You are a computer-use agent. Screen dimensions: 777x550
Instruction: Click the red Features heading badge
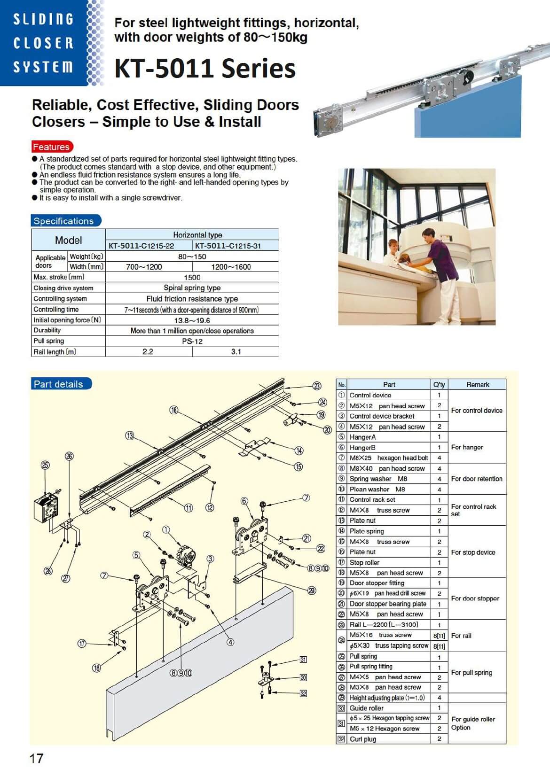[x=51, y=147]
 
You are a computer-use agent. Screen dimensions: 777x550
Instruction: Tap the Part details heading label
[x=58, y=384]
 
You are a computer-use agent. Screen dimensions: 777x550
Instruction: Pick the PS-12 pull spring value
[x=192, y=341]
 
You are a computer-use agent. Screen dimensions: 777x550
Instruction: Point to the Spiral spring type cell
[x=192, y=288]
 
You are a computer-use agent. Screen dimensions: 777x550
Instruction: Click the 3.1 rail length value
[x=236, y=351]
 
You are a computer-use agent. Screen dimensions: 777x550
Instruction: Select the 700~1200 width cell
[x=144, y=267]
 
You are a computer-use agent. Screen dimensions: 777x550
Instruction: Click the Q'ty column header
[x=439, y=384]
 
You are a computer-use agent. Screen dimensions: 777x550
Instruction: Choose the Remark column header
[x=478, y=384]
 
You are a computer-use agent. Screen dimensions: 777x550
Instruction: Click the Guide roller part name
[x=367, y=708]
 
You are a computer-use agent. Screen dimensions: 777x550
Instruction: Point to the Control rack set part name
[x=372, y=500]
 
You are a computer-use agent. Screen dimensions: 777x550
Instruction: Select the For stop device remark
[x=473, y=552]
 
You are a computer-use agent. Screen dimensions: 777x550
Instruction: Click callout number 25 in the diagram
[x=46, y=465]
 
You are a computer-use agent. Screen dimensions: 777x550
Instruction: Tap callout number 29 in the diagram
[x=312, y=591]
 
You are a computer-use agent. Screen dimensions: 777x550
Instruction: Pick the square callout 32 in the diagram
[x=303, y=694]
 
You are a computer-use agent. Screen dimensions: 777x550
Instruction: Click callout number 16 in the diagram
[x=174, y=410]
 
